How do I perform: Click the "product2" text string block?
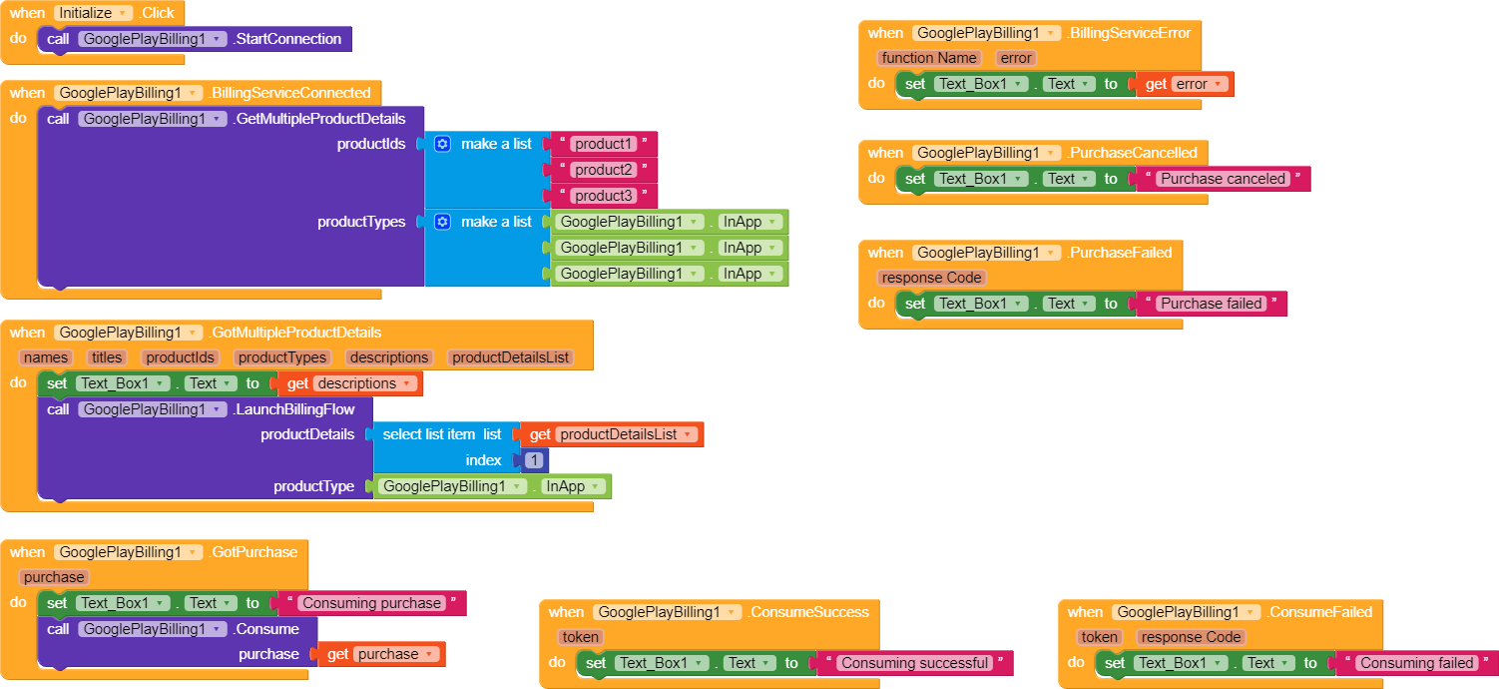click(x=604, y=170)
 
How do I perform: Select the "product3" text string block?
click(x=604, y=196)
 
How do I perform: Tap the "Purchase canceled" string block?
click(x=1222, y=179)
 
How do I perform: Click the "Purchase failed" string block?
click(x=1211, y=304)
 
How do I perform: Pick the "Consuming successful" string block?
click(x=914, y=663)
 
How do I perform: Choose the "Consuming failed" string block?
click(x=1416, y=663)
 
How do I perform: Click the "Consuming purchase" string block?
click(x=371, y=603)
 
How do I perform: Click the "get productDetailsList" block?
click(x=611, y=434)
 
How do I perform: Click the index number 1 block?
click(x=535, y=460)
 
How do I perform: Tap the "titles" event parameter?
click(x=107, y=357)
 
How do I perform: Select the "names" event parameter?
click(x=46, y=357)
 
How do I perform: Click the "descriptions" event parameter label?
click(x=388, y=357)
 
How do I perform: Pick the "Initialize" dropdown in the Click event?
click(x=93, y=13)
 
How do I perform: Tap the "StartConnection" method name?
click(x=287, y=39)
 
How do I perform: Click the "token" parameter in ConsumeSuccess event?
click(x=580, y=637)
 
